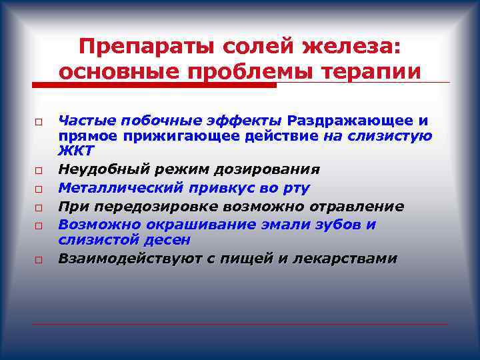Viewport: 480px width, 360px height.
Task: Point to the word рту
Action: pos(295,188)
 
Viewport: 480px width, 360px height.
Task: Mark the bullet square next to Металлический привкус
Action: pos(40,189)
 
